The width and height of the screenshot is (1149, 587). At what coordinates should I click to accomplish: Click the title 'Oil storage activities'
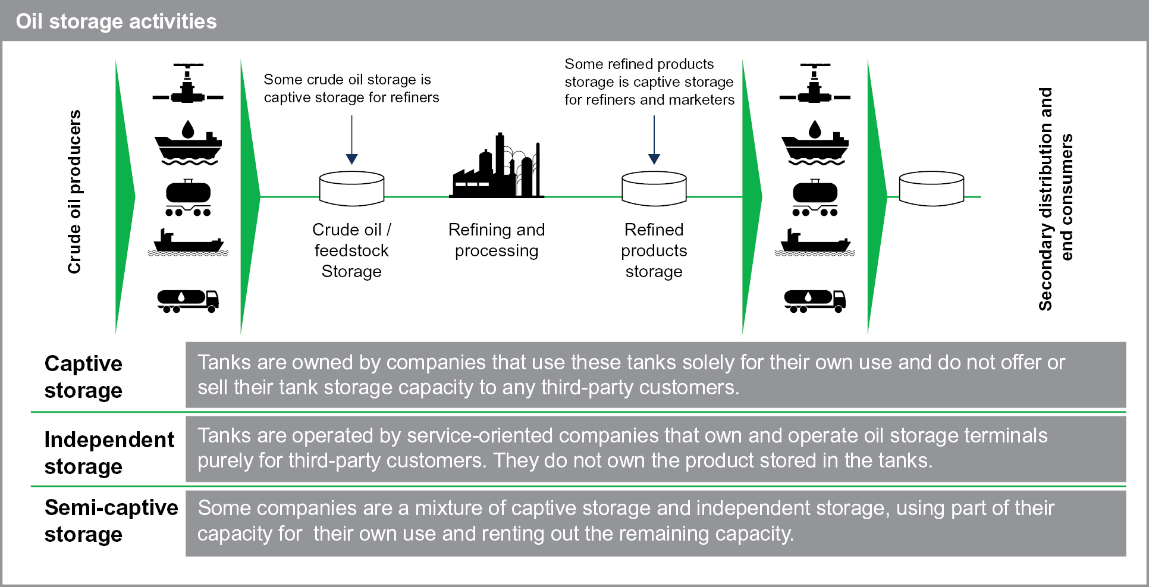pyautogui.click(x=116, y=21)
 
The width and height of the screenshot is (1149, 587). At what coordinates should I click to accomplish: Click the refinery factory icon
pyautogui.click(x=496, y=167)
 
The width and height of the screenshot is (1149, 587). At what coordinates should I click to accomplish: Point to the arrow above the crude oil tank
pyautogui.click(x=351, y=140)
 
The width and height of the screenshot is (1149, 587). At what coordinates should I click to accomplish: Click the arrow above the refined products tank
pyautogui.click(x=654, y=140)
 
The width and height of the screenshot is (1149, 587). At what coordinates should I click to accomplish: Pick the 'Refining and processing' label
pyautogui.click(x=496, y=240)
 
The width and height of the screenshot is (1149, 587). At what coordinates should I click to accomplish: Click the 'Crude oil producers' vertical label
pyautogui.click(x=74, y=192)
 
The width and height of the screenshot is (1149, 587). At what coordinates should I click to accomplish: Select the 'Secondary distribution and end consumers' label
pyautogui.click(x=1056, y=199)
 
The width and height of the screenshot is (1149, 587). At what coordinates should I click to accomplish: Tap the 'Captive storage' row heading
pyautogui.click(x=83, y=376)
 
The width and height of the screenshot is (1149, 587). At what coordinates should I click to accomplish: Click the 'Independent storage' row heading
pyautogui.click(x=109, y=453)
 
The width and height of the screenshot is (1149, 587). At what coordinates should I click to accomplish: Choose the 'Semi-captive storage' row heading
pyautogui.click(x=111, y=520)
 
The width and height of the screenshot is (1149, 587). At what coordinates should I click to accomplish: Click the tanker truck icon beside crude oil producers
pyautogui.click(x=188, y=300)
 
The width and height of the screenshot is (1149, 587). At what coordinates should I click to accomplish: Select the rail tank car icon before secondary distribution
pyautogui.click(x=815, y=198)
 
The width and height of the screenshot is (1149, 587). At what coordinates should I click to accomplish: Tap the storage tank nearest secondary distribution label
pyautogui.click(x=931, y=189)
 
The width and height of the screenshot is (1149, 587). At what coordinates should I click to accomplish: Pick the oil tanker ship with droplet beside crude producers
pyautogui.click(x=188, y=143)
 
